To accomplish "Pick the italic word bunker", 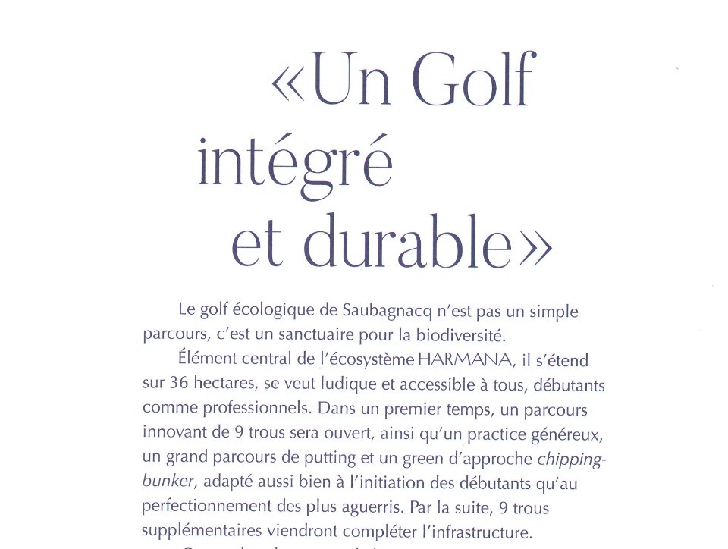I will click(x=164, y=482).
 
